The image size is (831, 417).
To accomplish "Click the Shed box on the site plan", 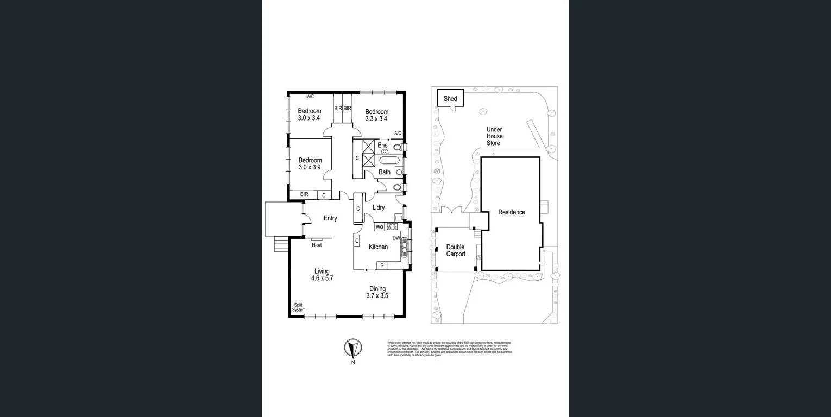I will pyautogui.click(x=450, y=99).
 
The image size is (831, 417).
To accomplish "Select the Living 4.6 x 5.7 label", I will pyautogui.click(x=322, y=275).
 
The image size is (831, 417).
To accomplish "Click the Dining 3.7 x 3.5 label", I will pyautogui.click(x=377, y=292).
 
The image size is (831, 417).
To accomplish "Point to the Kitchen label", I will pyautogui.click(x=378, y=247).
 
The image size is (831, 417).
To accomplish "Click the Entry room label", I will pyautogui.click(x=330, y=218).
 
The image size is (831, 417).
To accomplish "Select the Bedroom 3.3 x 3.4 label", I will pyautogui.click(x=376, y=115).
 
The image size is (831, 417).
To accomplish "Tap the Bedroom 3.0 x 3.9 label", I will pyautogui.click(x=310, y=163).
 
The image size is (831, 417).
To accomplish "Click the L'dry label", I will pyautogui.click(x=379, y=207).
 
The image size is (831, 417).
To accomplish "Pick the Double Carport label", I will pyautogui.click(x=456, y=250).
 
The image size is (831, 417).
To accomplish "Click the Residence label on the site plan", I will pyautogui.click(x=512, y=212).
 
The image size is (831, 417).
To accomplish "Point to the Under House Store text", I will pyautogui.click(x=494, y=136).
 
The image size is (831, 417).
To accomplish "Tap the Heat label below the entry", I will pyautogui.click(x=317, y=245).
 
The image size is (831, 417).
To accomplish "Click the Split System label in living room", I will pyautogui.click(x=299, y=307).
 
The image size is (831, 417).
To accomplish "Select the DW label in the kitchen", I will pyautogui.click(x=396, y=238).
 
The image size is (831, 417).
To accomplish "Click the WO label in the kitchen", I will pyautogui.click(x=380, y=226).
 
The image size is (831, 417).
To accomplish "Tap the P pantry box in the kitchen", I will pyautogui.click(x=382, y=266).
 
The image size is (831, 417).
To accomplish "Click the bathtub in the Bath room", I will pyautogui.click(x=389, y=161).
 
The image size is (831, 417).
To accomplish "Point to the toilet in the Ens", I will pyautogui.click(x=397, y=147).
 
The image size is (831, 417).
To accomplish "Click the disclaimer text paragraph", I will pyautogui.click(x=449, y=348).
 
